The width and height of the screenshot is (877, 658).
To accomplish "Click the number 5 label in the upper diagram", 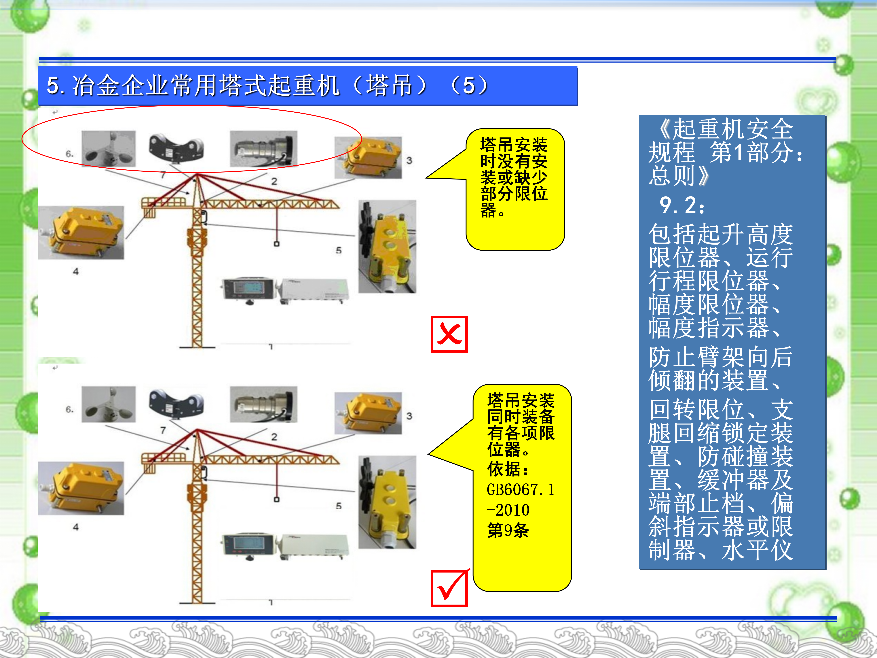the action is tap(339, 250).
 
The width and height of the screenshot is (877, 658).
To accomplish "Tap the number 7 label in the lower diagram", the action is tap(163, 430).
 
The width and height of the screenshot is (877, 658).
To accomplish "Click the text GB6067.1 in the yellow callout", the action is tap(521, 490).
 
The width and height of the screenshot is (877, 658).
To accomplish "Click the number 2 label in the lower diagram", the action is tap(274, 437).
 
